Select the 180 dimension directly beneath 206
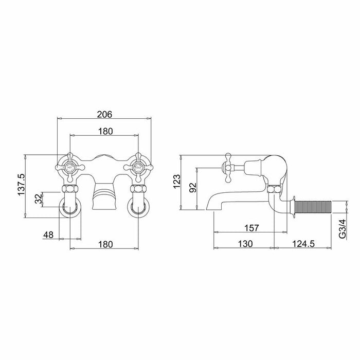click(x=104, y=132)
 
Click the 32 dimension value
click(x=38, y=199)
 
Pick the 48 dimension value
click(x=48, y=235)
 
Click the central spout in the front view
click(x=104, y=198)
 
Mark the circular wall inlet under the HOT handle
click(x=69, y=207)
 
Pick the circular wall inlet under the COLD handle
click(x=139, y=207)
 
